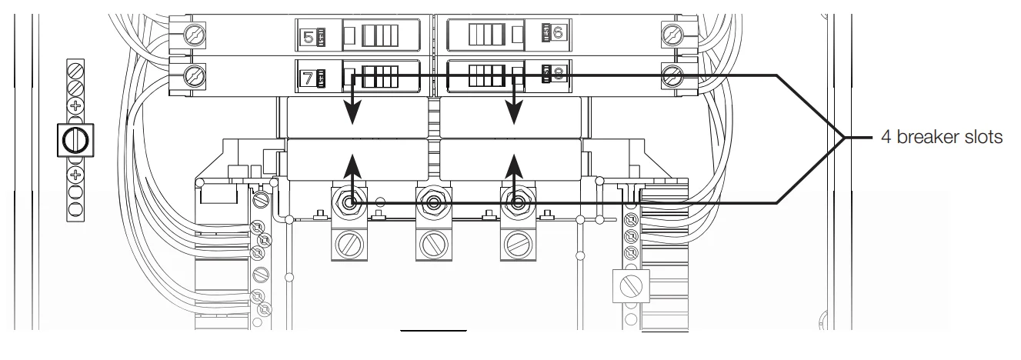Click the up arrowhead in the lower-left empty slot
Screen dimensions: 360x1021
pyautogui.click(x=352, y=162)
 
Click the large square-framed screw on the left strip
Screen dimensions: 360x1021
pyautogui.click(x=75, y=141)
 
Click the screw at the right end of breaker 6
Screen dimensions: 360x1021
pyautogui.click(x=672, y=34)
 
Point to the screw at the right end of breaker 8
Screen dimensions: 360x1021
pyautogui.click(x=672, y=75)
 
